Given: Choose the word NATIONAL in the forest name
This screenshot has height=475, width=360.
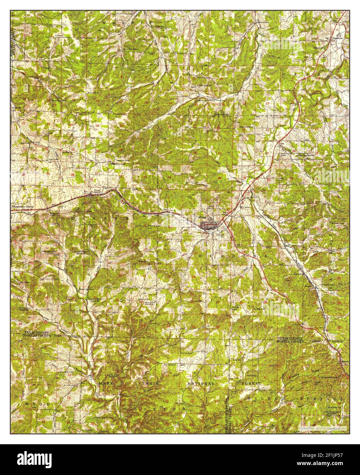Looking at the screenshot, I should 201,383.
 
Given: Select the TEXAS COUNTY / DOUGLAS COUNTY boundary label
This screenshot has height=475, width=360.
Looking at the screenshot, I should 37,334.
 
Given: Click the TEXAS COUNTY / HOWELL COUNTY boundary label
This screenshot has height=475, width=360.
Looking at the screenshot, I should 290,339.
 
